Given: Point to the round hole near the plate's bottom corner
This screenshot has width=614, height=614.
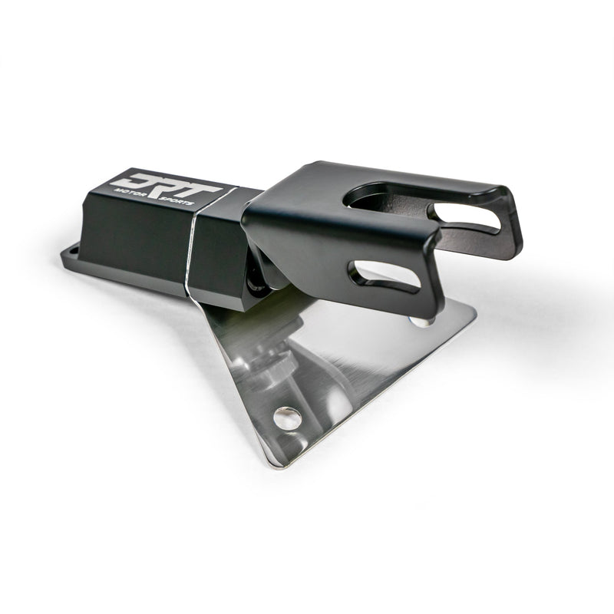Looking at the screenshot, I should [288, 418].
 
